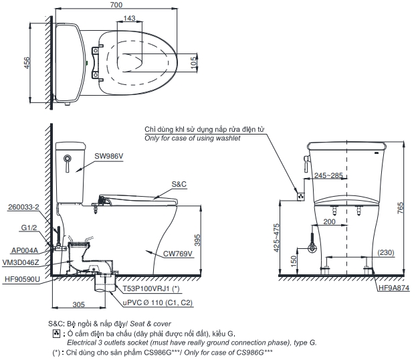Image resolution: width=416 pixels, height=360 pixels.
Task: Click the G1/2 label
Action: tap(29, 228)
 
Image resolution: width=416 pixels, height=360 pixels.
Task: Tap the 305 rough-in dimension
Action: tap(78, 304)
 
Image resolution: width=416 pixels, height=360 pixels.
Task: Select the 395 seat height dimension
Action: tap(206, 239)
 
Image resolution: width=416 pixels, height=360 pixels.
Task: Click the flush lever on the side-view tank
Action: tap(68, 159)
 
